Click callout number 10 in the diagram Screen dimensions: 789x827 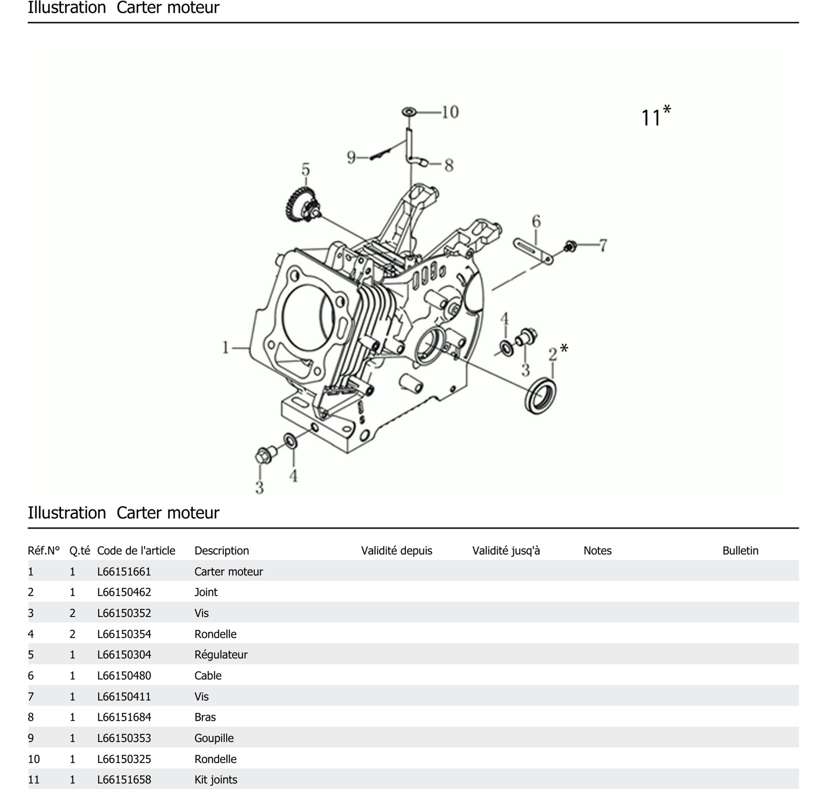click(450, 112)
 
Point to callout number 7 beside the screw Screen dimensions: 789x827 click(603, 245)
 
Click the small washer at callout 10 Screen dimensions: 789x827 click(409, 112)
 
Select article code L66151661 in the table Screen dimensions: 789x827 click(124, 571)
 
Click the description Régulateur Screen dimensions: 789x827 click(221, 654)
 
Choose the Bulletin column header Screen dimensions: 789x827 click(740, 550)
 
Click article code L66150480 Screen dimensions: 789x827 click(124, 675)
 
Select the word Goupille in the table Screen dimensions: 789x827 click(214, 738)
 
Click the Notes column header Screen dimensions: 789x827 click(597, 550)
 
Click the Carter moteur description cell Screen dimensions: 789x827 click(229, 571)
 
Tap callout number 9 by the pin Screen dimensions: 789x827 click(351, 158)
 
